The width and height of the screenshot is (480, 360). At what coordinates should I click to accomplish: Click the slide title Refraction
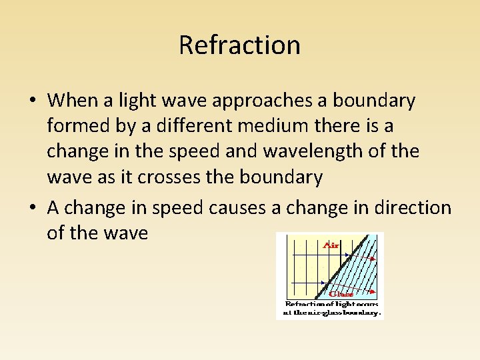[x=239, y=45]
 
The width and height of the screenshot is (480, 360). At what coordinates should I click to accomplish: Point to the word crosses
[x=189, y=177]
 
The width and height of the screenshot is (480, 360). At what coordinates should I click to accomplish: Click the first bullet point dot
[x=33, y=101]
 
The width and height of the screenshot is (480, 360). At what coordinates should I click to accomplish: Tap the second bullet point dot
[x=33, y=209]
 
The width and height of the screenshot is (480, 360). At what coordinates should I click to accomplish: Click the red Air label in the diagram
[x=331, y=245]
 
